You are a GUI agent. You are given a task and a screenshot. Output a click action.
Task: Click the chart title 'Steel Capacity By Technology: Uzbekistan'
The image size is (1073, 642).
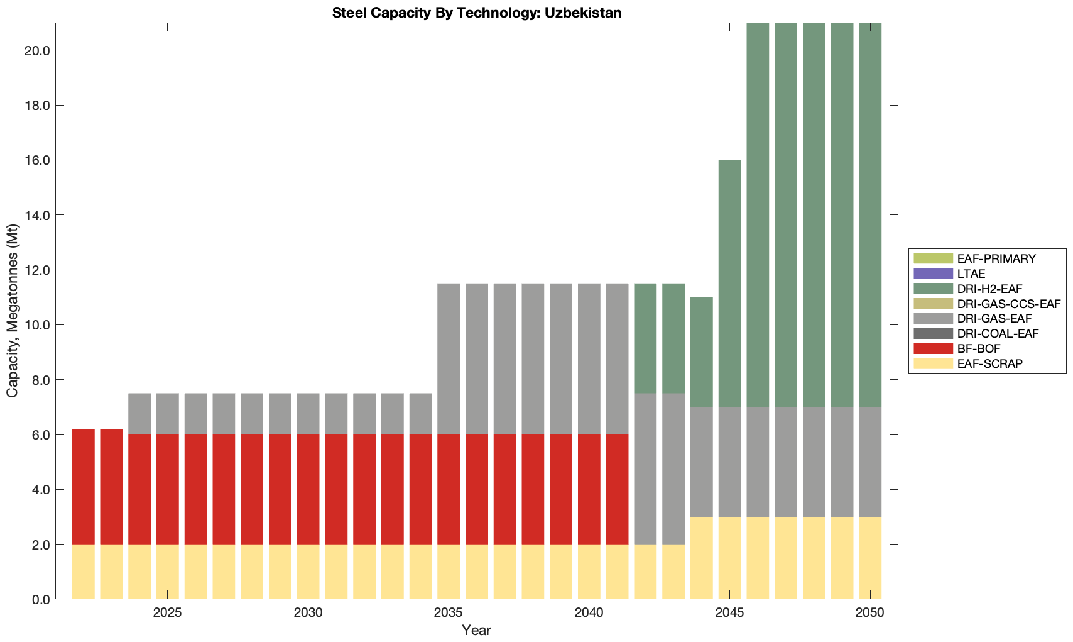(x=476, y=13)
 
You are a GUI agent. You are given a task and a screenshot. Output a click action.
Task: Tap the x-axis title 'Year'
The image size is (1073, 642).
(x=476, y=630)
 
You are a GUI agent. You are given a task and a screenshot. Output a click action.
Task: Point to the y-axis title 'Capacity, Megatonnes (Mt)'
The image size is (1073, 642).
(x=12, y=311)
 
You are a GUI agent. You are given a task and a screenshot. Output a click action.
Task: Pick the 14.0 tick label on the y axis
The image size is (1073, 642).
(x=37, y=215)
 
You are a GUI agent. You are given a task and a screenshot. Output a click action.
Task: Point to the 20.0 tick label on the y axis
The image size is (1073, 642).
(x=37, y=50)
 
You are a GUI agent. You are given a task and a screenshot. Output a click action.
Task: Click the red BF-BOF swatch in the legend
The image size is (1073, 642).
(x=934, y=348)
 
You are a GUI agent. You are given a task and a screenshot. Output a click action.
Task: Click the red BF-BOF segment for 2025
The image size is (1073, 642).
(x=168, y=489)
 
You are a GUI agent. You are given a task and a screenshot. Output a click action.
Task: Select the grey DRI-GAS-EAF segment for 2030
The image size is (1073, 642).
(x=308, y=414)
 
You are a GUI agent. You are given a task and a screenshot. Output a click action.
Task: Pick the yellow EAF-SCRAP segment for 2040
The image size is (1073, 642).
(x=589, y=572)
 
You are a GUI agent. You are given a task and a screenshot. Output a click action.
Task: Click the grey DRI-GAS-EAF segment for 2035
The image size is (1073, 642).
(x=449, y=359)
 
